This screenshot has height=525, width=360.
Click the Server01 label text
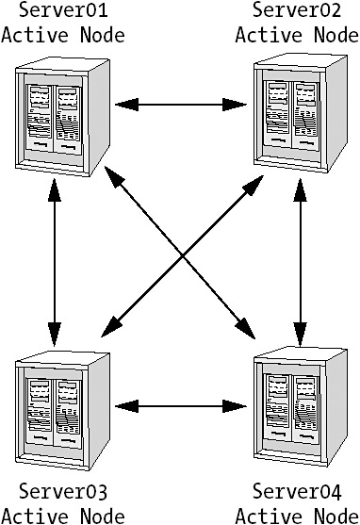(x=63, y=9)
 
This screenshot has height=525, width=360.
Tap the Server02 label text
(x=297, y=9)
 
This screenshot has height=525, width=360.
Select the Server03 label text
(x=63, y=491)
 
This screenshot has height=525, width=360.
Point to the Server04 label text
(x=297, y=491)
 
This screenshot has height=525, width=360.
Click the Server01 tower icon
(x=62, y=117)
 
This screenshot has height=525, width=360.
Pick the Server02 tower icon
(x=301, y=113)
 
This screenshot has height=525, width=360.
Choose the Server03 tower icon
(x=62, y=411)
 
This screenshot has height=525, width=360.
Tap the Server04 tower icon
(x=301, y=406)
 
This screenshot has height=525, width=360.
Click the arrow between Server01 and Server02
(x=181, y=105)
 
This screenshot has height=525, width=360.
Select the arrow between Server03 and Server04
(x=181, y=406)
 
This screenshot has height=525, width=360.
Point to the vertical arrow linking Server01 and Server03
(x=55, y=262)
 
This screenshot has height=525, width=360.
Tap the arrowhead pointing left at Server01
(x=126, y=105)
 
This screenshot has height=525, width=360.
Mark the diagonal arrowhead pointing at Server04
(x=245, y=327)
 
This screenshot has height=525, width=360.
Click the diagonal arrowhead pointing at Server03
(x=111, y=327)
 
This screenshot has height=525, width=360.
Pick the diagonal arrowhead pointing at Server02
(x=254, y=185)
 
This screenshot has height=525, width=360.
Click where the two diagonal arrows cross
(x=182, y=256)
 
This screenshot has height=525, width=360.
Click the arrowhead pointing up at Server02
(x=301, y=189)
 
